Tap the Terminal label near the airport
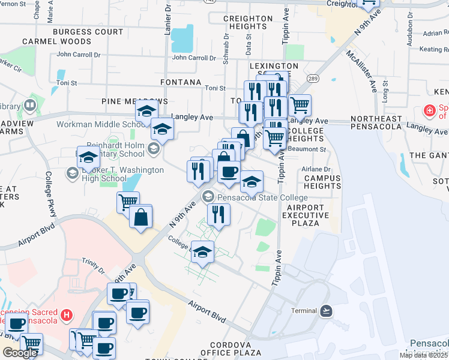tap(304, 311)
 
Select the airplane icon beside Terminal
tap(325, 311)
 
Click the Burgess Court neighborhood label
tap(88, 31)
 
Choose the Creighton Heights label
tap(248, 23)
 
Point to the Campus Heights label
tap(322, 182)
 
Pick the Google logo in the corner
tap(20, 353)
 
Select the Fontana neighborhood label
tap(181, 82)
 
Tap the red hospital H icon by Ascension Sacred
tap(67, 314)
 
